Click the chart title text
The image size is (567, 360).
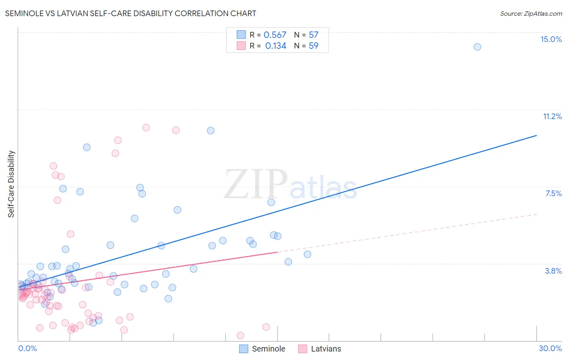(130, 13)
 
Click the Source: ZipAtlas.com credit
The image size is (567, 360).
(531, 13)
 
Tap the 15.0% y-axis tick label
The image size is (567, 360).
(551, 39)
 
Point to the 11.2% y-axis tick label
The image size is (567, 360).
(552, 116)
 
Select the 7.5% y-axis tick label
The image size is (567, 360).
(553, 193)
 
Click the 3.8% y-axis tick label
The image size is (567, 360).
(553, 271)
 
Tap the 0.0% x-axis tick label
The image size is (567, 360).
(27, 348)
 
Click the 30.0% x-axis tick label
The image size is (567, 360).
(550, 348)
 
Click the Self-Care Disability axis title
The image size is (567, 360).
(11, 184)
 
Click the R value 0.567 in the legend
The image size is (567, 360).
(275, 35)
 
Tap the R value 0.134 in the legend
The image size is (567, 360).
(275, 46)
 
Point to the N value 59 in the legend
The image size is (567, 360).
(313, 46)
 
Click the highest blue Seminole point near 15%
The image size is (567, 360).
(477, 47)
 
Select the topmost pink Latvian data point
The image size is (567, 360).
(146, 128)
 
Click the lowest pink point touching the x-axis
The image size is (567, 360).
(240, 335)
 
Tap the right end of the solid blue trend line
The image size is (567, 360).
(536, 136)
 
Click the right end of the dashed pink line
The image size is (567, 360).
(536, 214)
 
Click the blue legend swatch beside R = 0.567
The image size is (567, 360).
(241, 35)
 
